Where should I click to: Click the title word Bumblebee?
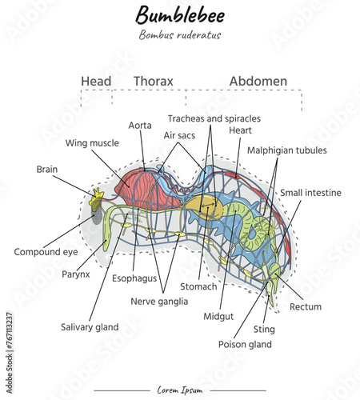click(x=180, y=14)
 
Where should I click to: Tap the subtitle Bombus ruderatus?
click(x=179, y=34)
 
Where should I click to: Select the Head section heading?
click(x=97, y=81)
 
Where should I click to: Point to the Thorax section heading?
click(x=153, y=81)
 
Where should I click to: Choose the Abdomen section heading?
click(x=258, y=81)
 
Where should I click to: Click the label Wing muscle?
click(x=92, y=143)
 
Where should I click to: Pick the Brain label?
click(x=46, y=169)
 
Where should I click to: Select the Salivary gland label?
click(x=90, y=326)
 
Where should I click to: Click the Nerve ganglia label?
click(x=159, y=302)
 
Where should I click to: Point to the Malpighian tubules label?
click(x=286, y=150)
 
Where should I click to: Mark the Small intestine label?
click(x=310, y=193)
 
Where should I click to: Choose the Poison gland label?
click(x=245, y=344)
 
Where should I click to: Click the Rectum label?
click(x=306, y=306)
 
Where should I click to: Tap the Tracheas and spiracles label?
click(x=214, y=118)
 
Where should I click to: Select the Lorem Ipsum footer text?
click(x=180, y=390)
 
